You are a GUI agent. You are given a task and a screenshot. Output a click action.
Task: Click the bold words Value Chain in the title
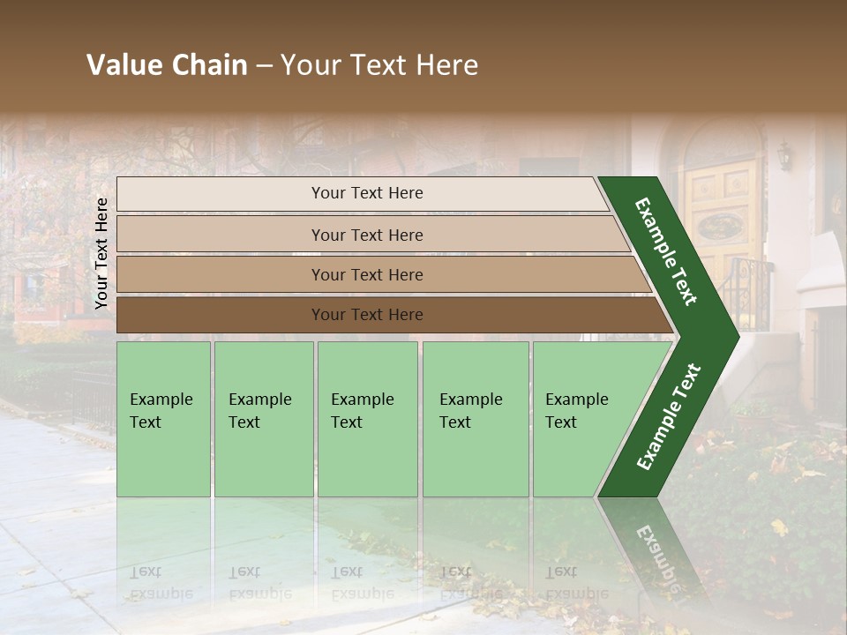point(167,65)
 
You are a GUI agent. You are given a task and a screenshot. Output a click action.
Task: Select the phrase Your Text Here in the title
point(379,65)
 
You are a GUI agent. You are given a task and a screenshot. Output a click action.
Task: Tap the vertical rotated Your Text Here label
point(101,253)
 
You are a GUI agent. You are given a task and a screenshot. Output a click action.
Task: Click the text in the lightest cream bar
point(367,193)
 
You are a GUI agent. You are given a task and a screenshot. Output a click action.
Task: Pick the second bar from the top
point(367,235)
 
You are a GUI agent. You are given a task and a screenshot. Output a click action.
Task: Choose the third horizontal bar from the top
point(367,274)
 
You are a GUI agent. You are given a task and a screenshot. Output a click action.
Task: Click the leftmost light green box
point(163,419)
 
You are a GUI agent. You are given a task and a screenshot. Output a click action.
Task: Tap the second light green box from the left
point(263,419)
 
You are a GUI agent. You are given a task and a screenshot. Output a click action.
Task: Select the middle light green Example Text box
point(367,419)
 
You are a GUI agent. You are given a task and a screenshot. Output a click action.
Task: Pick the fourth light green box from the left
point(475,419)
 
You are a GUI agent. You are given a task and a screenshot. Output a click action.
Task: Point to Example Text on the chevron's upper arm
point(666,251)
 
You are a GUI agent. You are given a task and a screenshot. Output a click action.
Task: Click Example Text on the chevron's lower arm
point(669,417)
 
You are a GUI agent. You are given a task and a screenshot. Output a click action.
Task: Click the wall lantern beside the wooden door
point(783,156)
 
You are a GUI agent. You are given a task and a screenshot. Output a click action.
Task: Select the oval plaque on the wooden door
point(720,227)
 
